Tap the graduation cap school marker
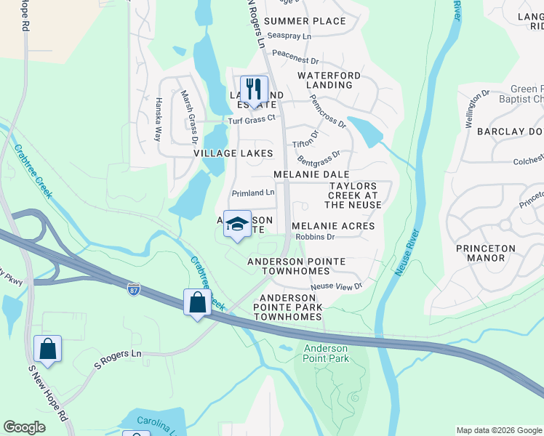[237, 225]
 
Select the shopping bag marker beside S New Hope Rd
[47, 350]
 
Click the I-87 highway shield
[133, 288]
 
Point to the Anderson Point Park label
[327, 353]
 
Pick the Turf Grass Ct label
[252, 118]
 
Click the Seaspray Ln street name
[289, 36]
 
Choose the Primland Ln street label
[253, 193]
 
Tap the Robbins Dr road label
[315, 237]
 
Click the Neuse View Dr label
[336, 286]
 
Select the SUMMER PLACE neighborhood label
[305, 21]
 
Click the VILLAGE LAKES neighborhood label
[233, 153]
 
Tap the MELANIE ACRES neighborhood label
[333, 226]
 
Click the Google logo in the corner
[25, 428]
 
